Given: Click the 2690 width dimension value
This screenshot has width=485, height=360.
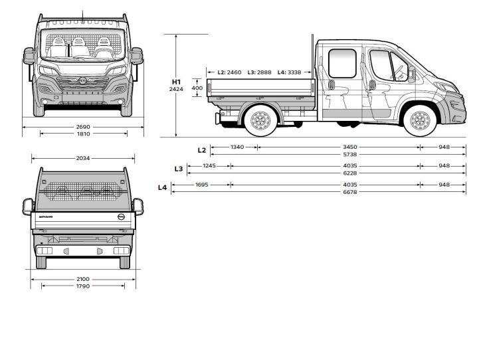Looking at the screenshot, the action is click(x=83, y=127).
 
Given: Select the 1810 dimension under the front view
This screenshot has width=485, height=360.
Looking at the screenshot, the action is click(x=83, y=134).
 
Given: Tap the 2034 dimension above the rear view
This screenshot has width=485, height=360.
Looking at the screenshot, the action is click(x=83, y=158).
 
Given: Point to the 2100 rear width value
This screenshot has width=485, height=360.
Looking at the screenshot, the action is click(x=83, y=279).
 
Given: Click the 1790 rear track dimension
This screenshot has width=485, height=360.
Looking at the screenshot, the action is click(x=83, y=286).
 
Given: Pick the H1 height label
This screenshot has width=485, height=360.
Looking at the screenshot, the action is click(x=176, y=82).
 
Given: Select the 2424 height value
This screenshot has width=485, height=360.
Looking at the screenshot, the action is click(x=176, y=90).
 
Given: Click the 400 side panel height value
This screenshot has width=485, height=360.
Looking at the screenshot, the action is click(x=197, y=88).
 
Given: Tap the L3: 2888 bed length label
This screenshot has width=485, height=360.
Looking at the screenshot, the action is click(x=259, y=72).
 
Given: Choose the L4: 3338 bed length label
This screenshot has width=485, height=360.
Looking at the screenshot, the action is click(x=289, y=72).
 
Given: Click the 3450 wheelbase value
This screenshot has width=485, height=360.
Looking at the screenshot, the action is click(x=350, y=147).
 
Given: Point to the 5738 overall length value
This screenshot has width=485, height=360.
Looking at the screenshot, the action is click(x=350, y=154).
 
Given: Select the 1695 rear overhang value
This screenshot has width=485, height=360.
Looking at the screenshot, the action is click(x=202, y=185).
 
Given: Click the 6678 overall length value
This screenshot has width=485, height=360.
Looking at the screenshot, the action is click(x=350, y=192).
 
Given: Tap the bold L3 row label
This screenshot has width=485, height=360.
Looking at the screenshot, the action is click(x=179, y=169).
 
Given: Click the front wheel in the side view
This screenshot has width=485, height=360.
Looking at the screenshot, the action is click(x=420, y=121).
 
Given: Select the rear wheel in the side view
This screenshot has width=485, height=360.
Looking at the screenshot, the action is click(x=260, y=121).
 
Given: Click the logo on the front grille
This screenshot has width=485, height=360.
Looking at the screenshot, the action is click(x=82, y=81).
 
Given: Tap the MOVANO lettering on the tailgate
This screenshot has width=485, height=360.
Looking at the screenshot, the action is click(x=46, y=217).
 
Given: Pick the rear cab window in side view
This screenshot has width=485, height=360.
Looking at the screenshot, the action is click(x=342, y=63).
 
